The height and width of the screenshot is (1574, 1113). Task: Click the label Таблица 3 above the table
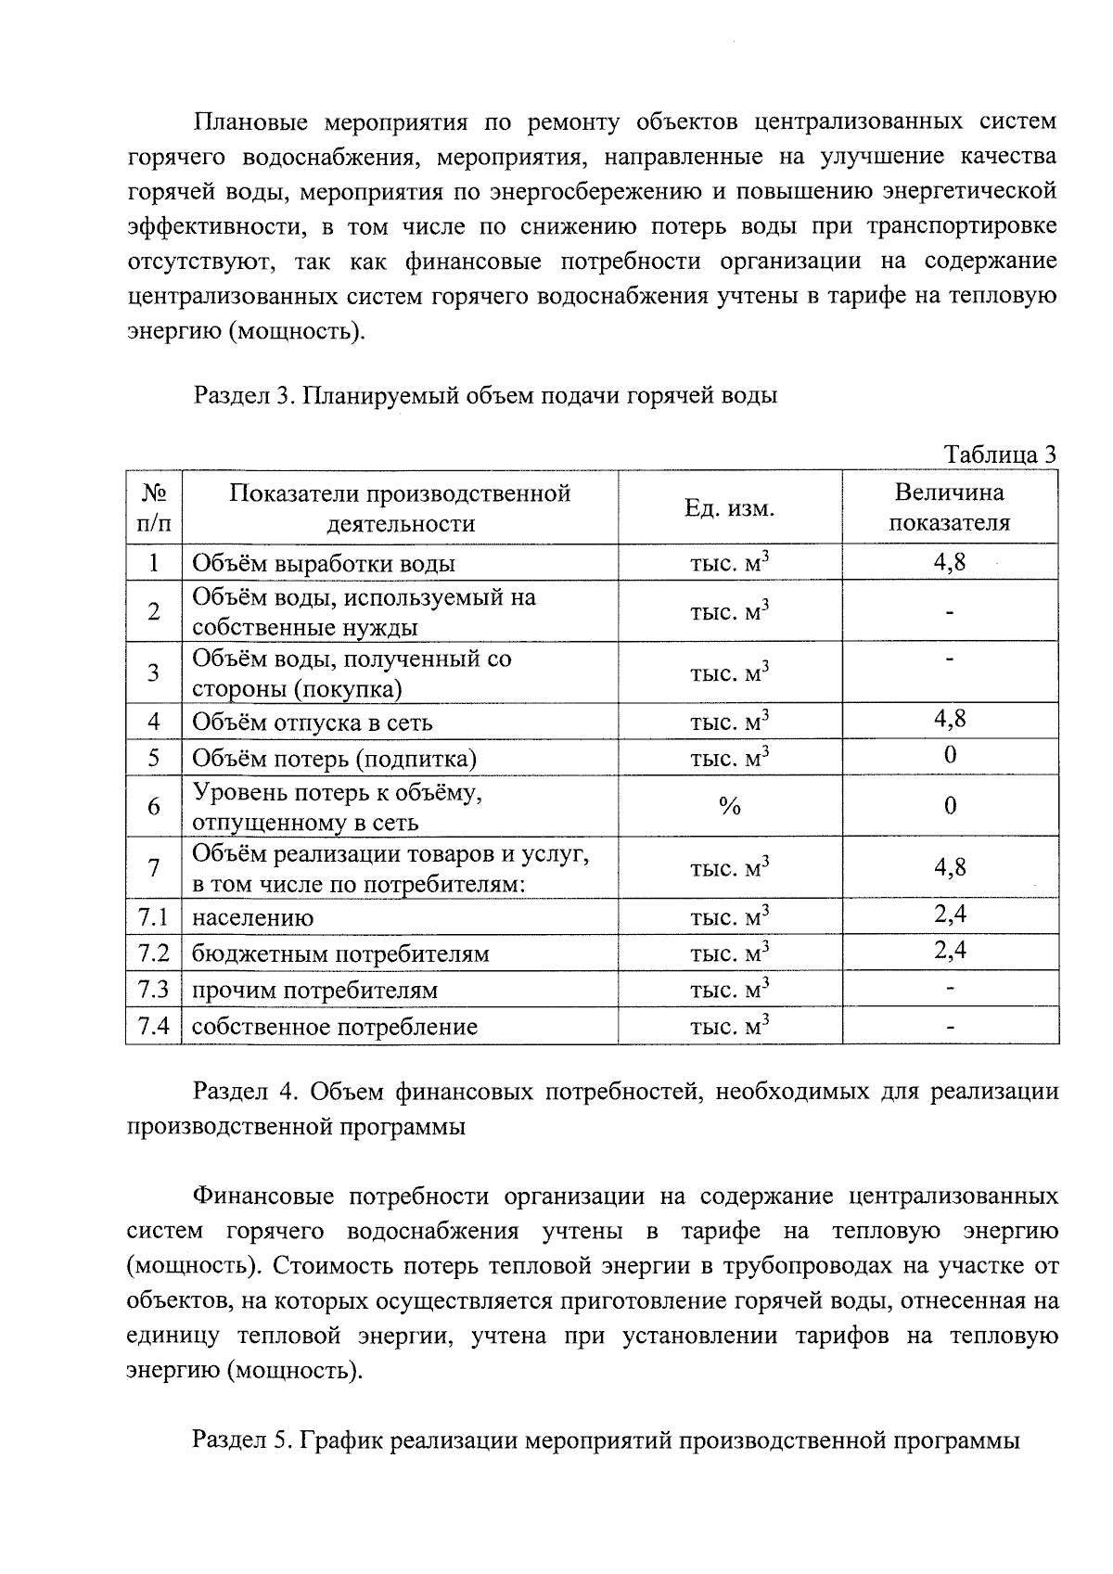coord(999,454)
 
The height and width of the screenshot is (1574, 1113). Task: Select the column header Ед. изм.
coord(729,507)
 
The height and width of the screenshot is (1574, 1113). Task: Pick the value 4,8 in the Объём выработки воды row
coord(949,562)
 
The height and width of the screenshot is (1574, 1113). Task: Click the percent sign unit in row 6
coord(729,806)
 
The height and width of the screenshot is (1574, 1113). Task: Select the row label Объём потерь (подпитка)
coord(334,759)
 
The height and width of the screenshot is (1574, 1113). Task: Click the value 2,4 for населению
coord(949,915)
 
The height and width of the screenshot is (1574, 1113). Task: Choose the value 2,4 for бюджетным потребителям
coord(949,950)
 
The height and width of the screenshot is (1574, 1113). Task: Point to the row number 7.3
coord(153,990)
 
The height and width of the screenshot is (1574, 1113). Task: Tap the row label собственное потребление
coord(334,1027)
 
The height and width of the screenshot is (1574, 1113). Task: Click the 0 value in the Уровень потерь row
coord(949,805)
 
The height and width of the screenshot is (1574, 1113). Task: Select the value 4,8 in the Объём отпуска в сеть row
coord(949,718)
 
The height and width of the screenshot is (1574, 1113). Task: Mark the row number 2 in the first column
coord(153,611)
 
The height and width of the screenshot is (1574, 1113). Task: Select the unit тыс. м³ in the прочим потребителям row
coord(729,990)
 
